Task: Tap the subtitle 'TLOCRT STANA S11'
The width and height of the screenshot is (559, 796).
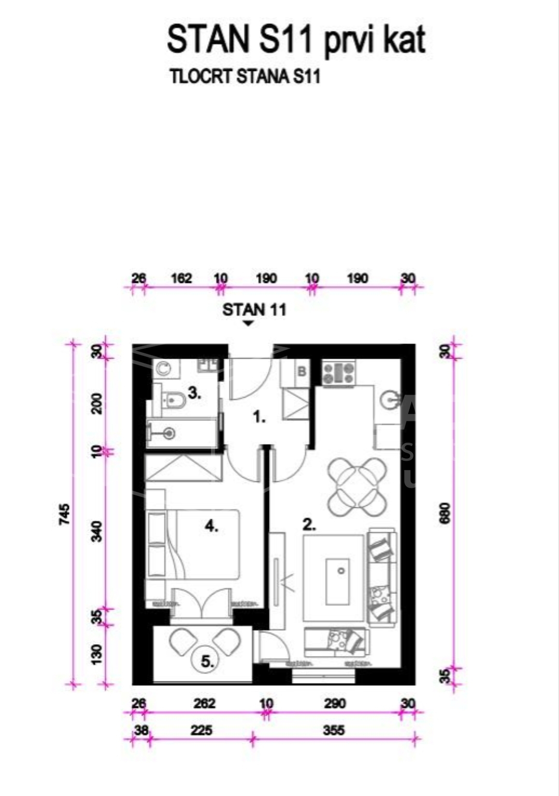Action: tap(245, 77)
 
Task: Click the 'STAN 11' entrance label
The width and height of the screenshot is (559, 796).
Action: tap(254, 310)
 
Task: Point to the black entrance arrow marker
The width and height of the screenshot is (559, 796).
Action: tap(249, 323)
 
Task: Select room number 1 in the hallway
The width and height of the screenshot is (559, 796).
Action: tap(260, 418)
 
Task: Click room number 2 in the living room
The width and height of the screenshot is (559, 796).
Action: tap(309, 524)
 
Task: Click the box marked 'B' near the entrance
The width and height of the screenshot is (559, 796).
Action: tap(302, 372)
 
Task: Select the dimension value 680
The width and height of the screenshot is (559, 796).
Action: tap(446, 513)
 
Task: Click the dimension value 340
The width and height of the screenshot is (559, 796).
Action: tap(98, 531)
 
